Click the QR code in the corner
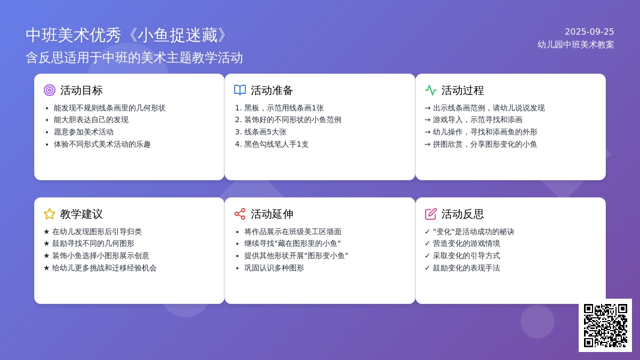point(605,325)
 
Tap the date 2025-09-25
point(589,31)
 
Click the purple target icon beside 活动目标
point(50,90)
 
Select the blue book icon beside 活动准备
point(240,90)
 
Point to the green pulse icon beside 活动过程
point(430,90)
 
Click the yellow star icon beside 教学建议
point(50,214)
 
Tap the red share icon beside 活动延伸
point(240,214)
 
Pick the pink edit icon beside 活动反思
point(430,214)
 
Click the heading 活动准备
point(271,90)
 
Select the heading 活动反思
point(462,214)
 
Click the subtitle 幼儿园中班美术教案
point(575,45)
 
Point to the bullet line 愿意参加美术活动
point(83,132)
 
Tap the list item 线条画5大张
point(265,132)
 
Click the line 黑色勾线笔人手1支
point(276,145)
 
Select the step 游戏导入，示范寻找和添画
point(477,119)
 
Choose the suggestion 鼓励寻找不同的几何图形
point(93,243)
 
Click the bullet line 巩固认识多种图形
point(274,268)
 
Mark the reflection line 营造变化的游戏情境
point(466,243)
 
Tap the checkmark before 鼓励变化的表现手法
point(427,268)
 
